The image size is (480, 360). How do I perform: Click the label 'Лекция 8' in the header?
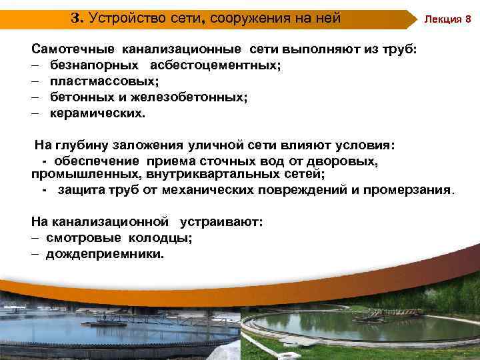pos(449,19)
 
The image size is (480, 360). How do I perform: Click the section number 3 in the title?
pos(75,18)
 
